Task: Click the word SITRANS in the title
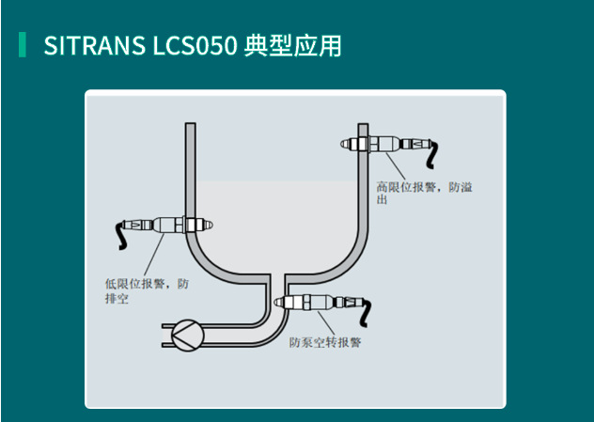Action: click(x=94, y=45)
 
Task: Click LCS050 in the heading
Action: click(x=195, y=45)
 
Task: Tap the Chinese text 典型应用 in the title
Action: click(x=292, y=45)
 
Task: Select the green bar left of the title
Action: click(x=23, y=45)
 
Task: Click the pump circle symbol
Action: click(x=188, y=336)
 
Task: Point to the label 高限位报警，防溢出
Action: click(x=424, y=193)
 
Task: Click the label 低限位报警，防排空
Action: click(x=147, y=291)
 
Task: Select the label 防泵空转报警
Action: click(x=325, y=342)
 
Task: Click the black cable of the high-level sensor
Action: click(x=432, y=154)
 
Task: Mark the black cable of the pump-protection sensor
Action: click(x=366, y=313)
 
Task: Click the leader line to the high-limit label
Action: click(x=396, y=166)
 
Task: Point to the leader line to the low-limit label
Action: click(x=154, y=255)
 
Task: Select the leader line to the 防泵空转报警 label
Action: click(x=326, y=322)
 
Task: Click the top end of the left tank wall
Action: click(x=191, y=123)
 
